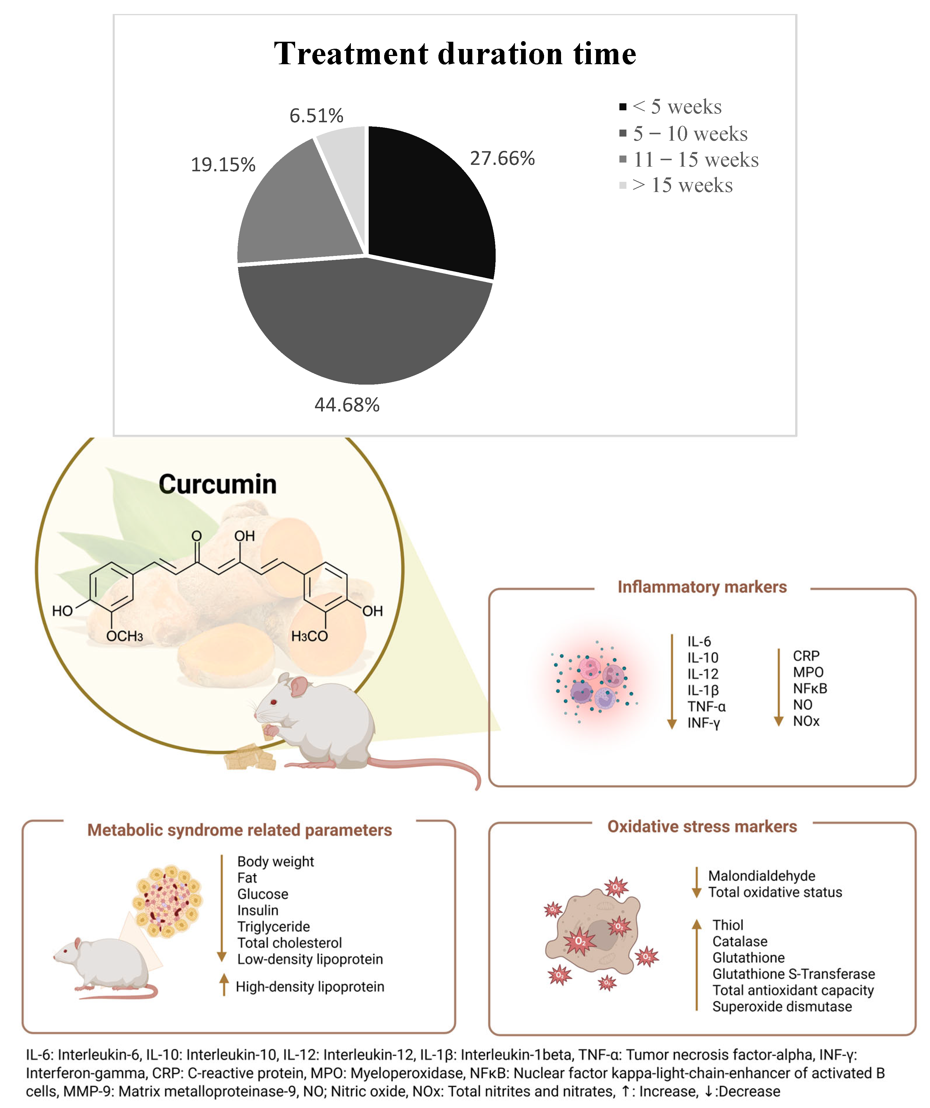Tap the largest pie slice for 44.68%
click(364, 322)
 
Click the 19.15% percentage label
click(223, 165)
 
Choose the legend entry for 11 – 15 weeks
click(696, 159)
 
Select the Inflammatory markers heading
click(702, 587)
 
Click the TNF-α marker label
click(706, 706)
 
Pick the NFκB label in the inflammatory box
click(810, 689)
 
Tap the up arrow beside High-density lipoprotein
click(224, 985)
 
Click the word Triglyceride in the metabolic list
click(274, 926)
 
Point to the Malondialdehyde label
click(761, 876)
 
